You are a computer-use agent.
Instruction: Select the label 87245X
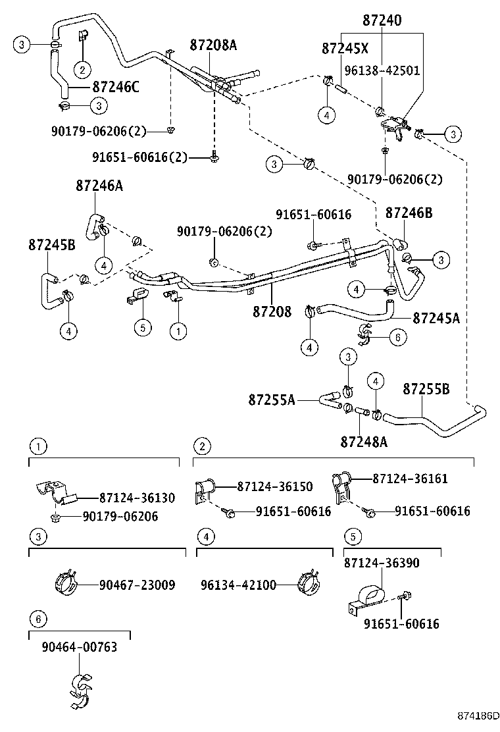point(345,48)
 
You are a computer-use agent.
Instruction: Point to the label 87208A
point(213,45)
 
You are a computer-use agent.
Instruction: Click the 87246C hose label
point(116,86)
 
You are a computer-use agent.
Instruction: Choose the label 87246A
point(99,186)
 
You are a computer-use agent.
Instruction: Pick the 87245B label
point(52,244)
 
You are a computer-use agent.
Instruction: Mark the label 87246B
point(409,213)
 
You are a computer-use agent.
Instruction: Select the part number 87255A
point(272,399)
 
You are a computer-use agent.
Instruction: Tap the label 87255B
point(426,390)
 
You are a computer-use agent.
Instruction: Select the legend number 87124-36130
point(137,498)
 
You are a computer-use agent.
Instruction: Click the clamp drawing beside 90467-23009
point(65,583)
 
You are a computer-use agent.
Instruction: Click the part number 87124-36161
point(410,479)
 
